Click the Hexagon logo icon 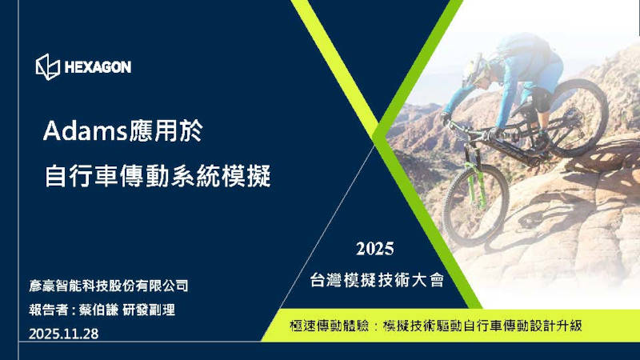click(47, 67)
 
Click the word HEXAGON click(98, 67)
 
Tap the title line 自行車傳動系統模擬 click(158, 175)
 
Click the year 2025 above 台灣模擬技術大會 click(374, 248)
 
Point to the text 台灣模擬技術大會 click(375, 280)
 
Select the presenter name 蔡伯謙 click(98, 310)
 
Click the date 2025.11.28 click(63, 334)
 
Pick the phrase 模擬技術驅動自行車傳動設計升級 click(482, 326)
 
